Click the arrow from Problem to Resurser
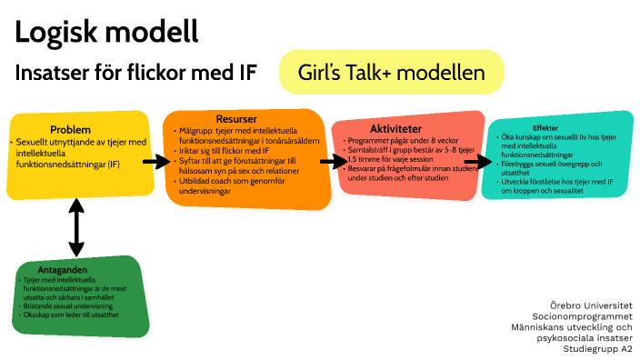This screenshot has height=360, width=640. click(x=156, y=162)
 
